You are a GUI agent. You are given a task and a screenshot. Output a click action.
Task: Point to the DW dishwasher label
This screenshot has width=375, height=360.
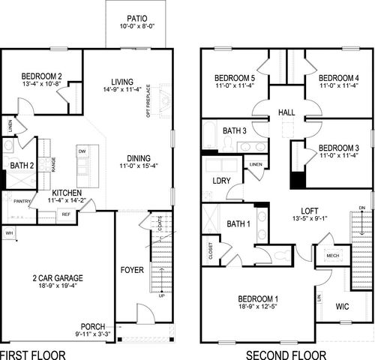click(82, 151)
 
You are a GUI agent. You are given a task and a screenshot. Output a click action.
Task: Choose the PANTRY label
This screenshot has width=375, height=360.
click(20, 201)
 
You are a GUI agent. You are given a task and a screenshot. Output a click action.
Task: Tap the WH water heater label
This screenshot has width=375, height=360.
click(10, 233)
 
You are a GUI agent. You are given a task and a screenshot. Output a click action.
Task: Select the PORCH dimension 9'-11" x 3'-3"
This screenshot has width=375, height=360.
click(94, 334)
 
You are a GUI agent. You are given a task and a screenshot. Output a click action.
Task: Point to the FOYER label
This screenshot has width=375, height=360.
click(132, 269)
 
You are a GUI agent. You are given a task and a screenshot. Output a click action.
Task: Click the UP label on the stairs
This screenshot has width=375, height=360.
click(162, 295)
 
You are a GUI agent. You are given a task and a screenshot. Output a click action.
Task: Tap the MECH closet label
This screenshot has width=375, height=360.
click(333, 256)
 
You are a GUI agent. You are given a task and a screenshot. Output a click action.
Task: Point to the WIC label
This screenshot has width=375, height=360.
click(342, 306)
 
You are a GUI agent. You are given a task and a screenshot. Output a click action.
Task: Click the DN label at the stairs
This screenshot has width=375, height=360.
click(362, 207)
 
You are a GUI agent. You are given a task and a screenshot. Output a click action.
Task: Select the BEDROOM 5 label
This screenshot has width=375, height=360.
click(235, 77)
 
